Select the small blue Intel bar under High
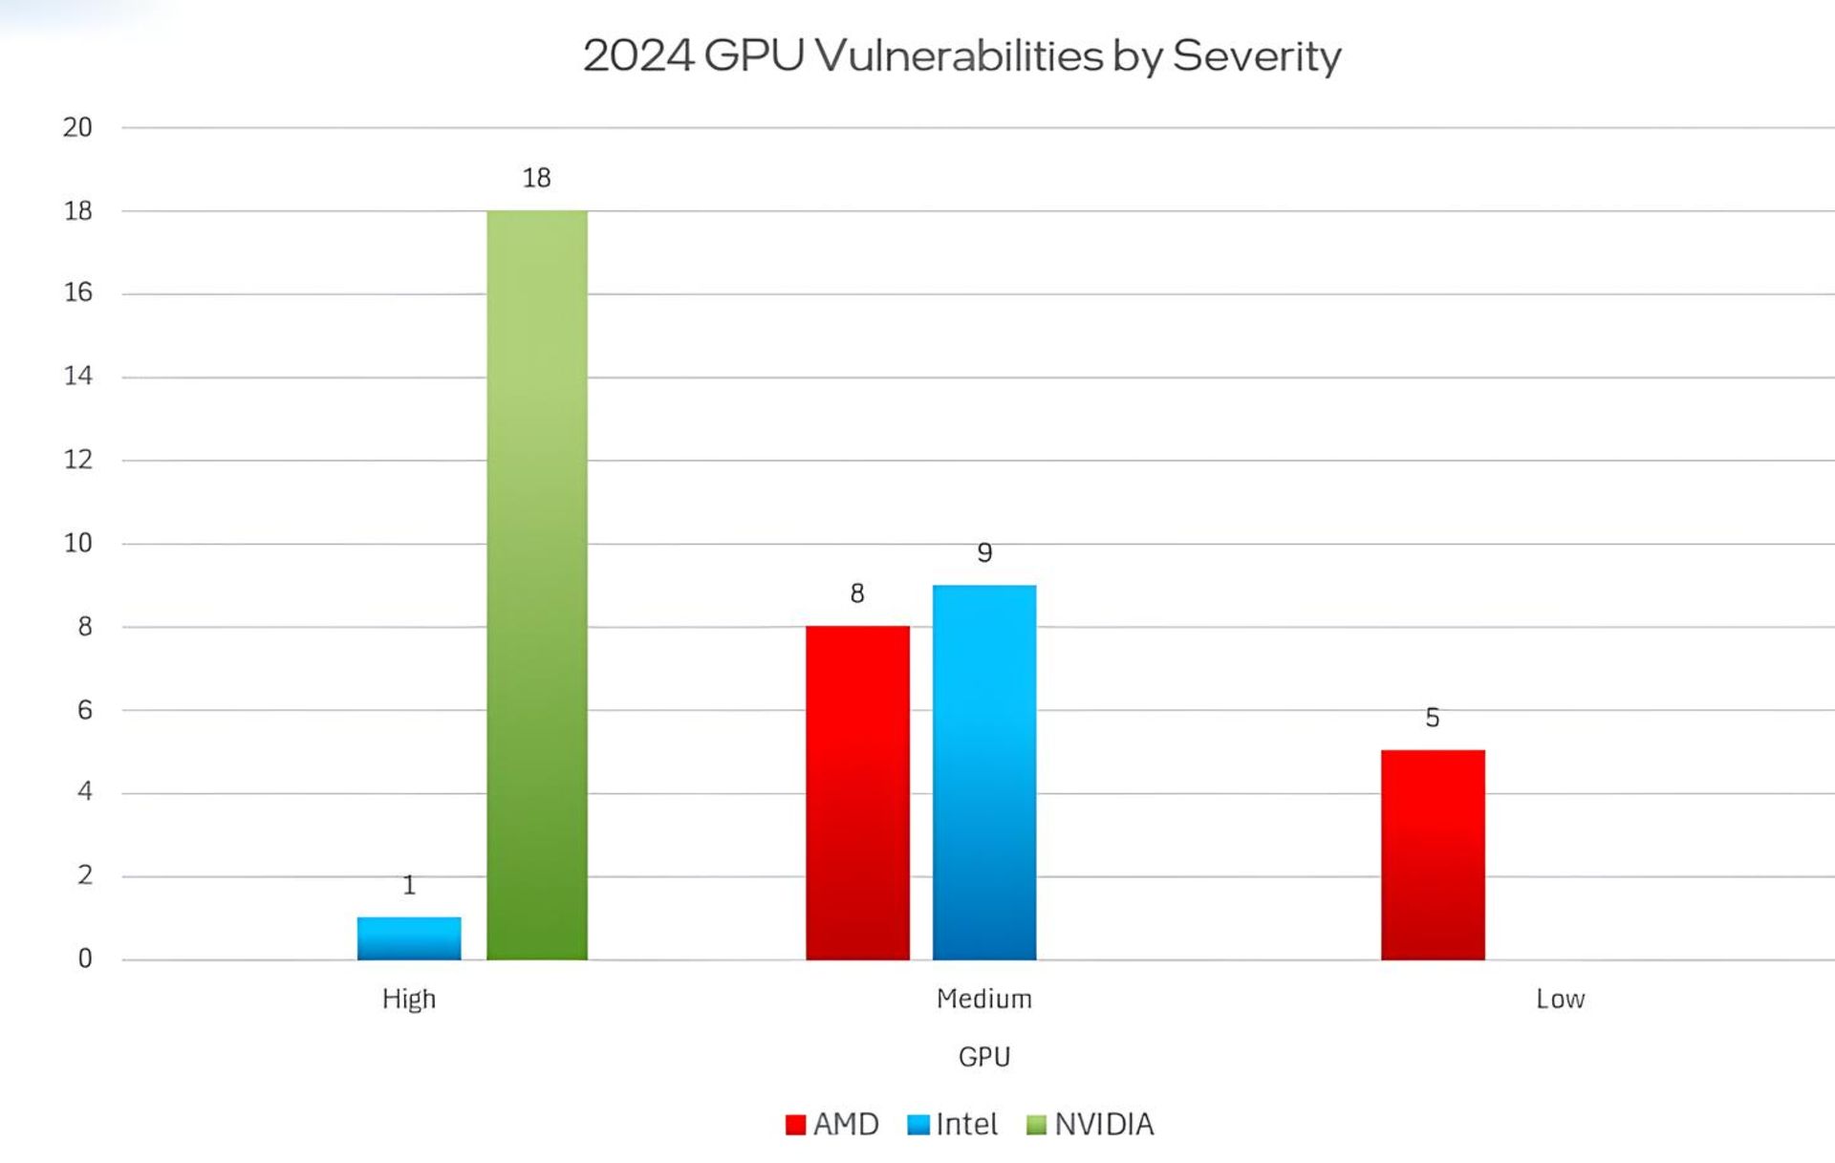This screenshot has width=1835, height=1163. click(x=409, y=938)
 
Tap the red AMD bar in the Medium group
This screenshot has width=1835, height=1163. click(x=857, y=792)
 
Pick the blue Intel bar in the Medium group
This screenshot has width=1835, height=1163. click(x=984, y=772)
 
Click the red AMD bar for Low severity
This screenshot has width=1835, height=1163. click(x=1433, y=854)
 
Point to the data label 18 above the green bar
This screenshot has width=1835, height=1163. click(x=536, y=178)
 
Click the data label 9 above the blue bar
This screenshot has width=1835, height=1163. click(x=984, y=552)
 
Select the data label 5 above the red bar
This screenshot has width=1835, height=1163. click(x=1432, y=718)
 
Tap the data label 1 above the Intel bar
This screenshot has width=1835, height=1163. click(x=409, y=885)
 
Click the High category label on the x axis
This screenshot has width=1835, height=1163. click(x=409, y=999)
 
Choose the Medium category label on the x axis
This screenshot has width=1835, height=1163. click(x=984, y=999)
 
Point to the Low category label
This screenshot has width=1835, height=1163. click(x=1560, y=999)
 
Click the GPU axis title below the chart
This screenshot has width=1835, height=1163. click(x=984, y=1057)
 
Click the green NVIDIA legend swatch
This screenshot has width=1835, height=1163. click(x=1036, y=1125)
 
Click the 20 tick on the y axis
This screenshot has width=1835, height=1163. click(x=77, y=127)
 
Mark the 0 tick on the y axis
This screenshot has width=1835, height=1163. click(x=85, y=958)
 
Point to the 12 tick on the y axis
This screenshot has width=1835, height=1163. click(x=77, y=460)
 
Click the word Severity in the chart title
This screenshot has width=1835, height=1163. click(x=1256, y=55)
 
